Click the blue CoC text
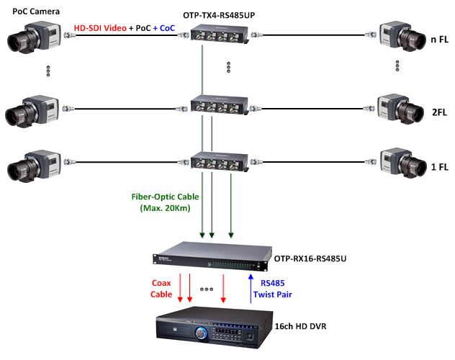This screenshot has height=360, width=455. (x=167, y=28)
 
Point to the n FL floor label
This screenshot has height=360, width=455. (x=438, y=39)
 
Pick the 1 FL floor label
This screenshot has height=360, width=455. (x=438, y=167)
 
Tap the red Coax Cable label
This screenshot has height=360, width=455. (x=161, y=288)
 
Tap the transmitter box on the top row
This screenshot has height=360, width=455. (x=220, y=34)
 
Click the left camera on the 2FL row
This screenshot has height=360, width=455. (x=32, y=108)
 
